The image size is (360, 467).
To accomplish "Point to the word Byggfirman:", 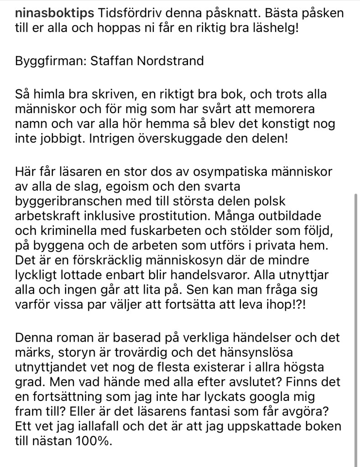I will [x=50, y=61].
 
